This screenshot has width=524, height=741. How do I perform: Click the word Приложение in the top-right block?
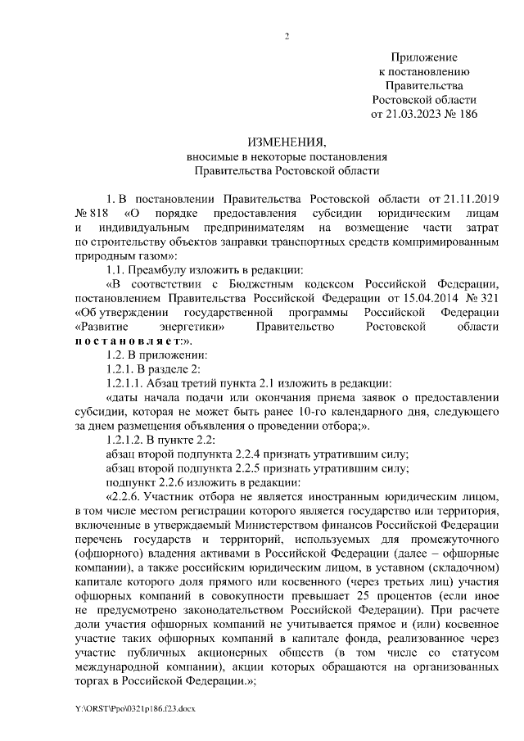424,58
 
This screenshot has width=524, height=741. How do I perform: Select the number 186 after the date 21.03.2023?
465,114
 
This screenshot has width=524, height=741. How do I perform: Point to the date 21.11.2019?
471,199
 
